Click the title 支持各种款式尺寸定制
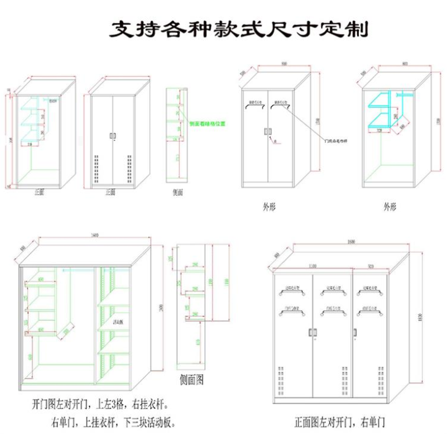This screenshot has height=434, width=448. (239, 28)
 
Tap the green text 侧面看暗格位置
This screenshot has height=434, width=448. (208, 123)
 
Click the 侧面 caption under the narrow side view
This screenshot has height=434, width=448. (178, 192)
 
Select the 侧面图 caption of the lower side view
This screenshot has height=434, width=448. (192, 380)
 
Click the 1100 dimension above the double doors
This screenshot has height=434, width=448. (313, 266)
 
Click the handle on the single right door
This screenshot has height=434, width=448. (355, 331)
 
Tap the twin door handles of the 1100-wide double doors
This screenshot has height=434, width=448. (313, 331)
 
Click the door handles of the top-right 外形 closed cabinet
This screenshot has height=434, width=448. (268, 131)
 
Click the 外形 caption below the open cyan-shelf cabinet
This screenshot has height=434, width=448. (390, 207)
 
